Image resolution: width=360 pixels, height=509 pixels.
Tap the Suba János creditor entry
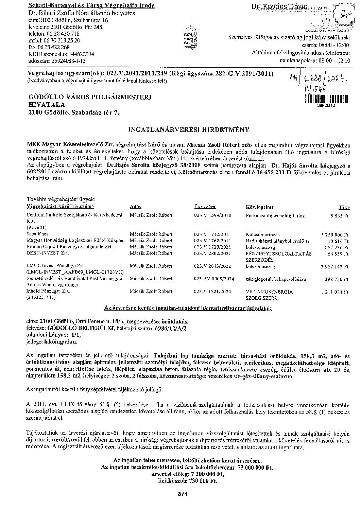[x=34, y=234]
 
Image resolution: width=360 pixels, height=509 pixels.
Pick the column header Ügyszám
[x=205, y=207]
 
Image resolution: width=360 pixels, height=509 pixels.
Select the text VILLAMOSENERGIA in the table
[x=269, y=292]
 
